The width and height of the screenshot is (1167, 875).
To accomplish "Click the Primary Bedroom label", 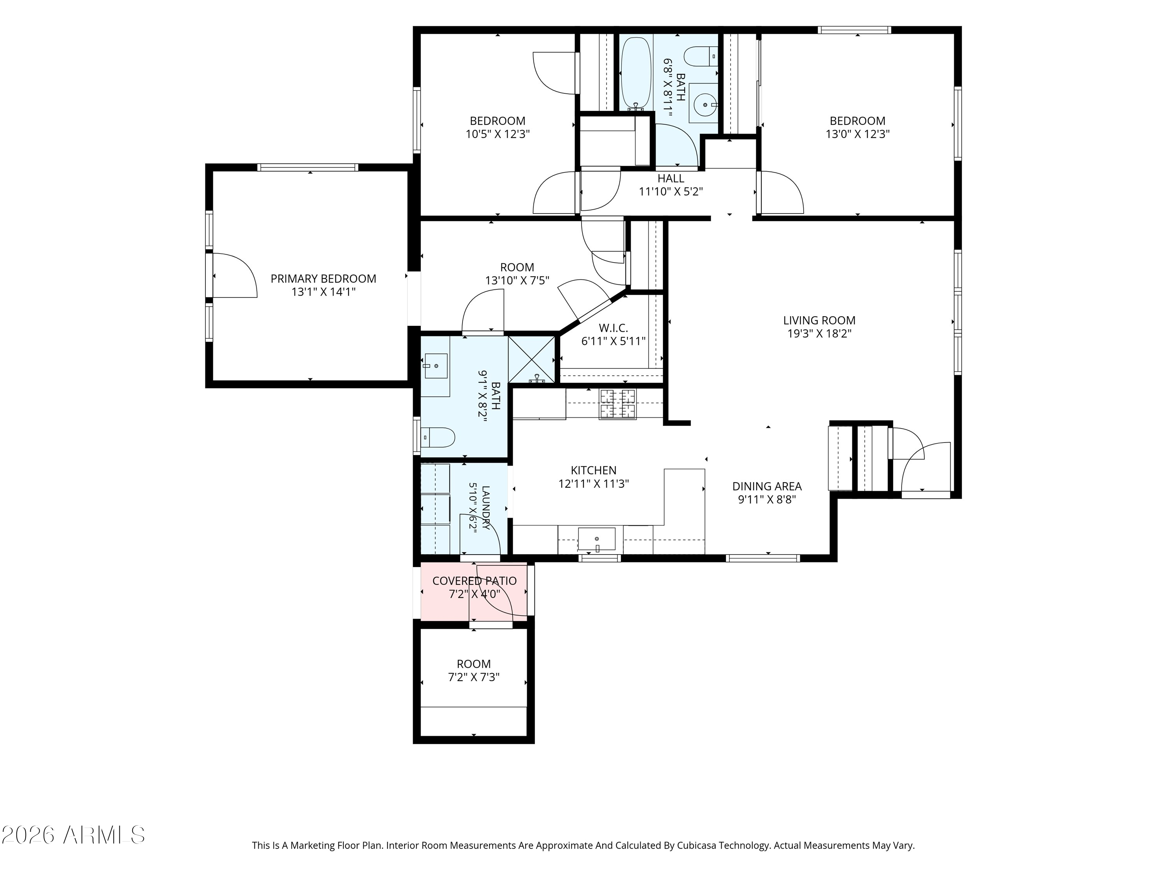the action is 323,278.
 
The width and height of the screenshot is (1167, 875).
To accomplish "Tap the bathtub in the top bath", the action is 636,73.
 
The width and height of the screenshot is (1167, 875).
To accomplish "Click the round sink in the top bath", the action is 705,105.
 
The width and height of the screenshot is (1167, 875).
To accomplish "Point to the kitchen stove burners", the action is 617,404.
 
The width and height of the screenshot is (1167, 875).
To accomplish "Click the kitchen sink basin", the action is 597,539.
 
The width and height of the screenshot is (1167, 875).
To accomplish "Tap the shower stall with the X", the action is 532,359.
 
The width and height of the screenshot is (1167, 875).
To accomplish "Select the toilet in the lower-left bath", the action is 438,437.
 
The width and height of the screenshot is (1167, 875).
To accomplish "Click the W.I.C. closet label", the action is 613,328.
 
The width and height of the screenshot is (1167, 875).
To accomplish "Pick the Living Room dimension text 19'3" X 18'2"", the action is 819,333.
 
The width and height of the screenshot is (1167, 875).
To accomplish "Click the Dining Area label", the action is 767,486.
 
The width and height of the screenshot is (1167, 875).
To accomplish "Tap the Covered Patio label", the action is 474,581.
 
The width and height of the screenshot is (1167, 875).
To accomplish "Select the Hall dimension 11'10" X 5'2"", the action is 671,191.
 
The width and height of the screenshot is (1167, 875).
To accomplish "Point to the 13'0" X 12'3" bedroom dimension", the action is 858,134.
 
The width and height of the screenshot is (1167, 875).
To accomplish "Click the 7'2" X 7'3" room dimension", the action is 474,677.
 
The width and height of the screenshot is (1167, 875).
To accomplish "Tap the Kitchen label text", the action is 594,470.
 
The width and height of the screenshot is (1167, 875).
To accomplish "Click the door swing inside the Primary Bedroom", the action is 235,275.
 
